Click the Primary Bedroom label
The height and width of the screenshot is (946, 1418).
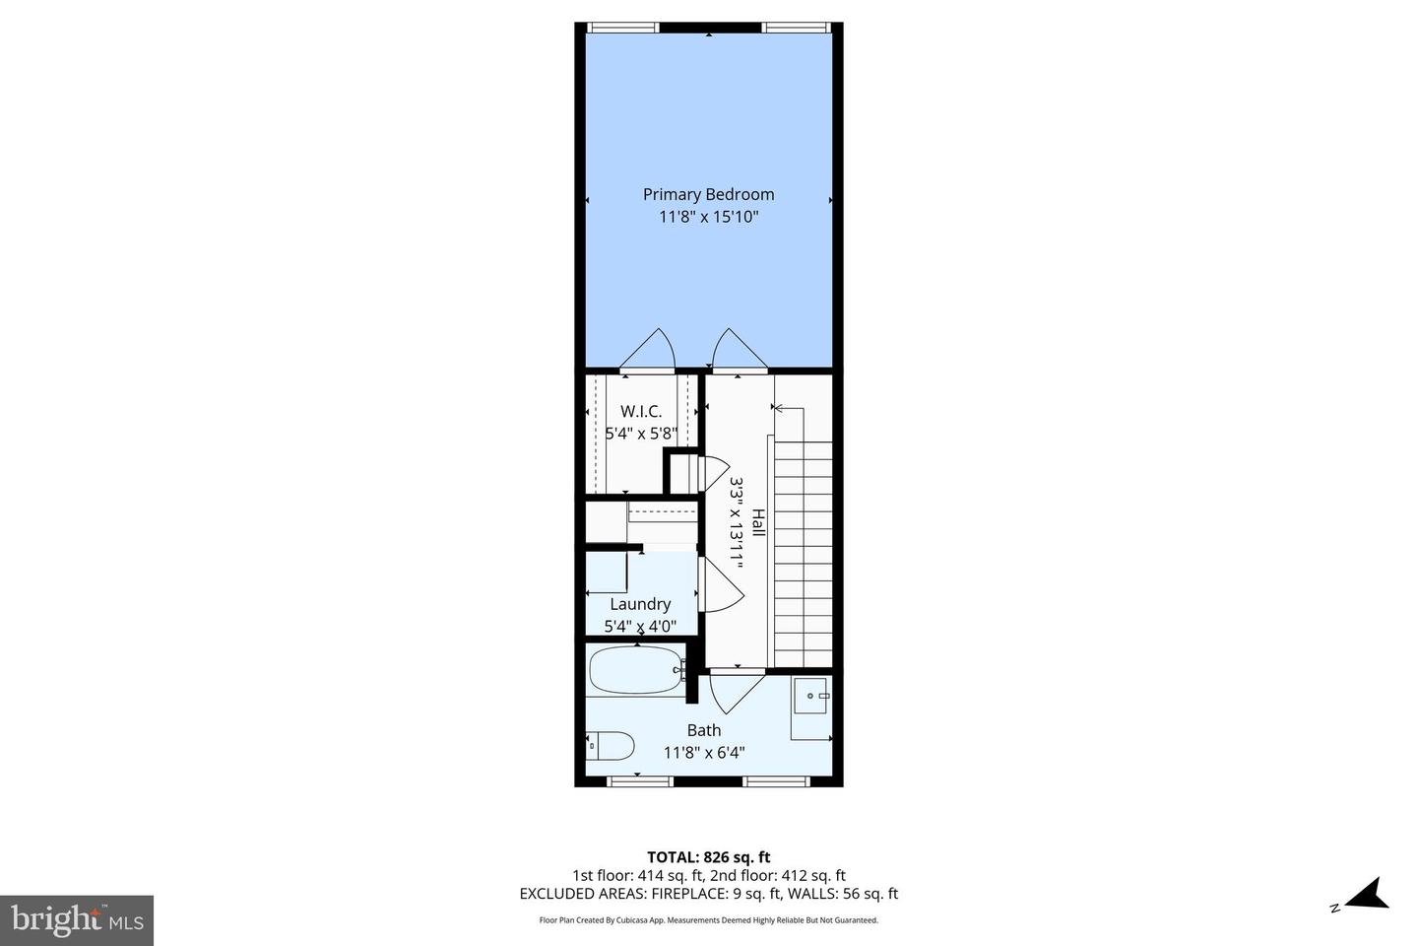[708, 194]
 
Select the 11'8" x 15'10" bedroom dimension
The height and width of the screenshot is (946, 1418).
[708, 217]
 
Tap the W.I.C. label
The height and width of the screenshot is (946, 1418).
[640, 411]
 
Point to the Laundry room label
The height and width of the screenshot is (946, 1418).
[640, 604]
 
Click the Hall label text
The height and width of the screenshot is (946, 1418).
[758, 522]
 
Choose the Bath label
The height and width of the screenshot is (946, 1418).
[703, 730]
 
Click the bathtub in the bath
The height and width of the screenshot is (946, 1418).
[635, 671]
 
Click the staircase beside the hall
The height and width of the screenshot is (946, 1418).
[804, 552]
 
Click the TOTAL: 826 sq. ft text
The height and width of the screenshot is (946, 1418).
[708, 857]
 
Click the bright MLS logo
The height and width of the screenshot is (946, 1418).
[77, 920]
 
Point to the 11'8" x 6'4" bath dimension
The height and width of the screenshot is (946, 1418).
[703, 753]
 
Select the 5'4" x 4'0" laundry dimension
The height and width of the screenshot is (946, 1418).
[640, 626]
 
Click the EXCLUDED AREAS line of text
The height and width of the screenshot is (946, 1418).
[708, 894]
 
